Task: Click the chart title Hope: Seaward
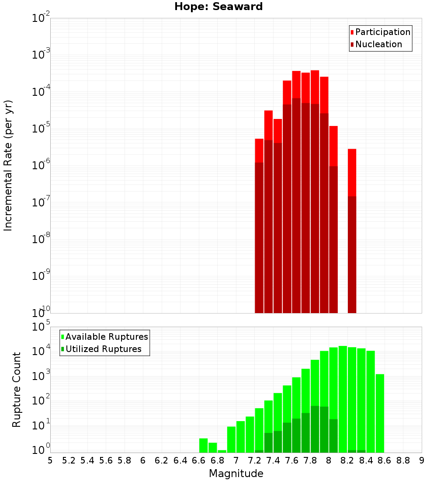point(218,7)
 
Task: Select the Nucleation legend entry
point(378,44)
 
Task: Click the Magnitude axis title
point(236,474)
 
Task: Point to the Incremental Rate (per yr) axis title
point(8,165)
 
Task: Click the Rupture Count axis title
point(17,389)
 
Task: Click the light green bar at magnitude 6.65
point(203,446)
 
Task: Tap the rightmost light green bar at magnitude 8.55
point(380,413)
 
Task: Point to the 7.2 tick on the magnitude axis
point(254,460)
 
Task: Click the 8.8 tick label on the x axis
point(403,460)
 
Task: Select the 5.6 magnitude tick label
point(106,460)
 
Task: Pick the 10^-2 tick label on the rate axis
point(41,18)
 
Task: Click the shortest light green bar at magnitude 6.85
point(222,451)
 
